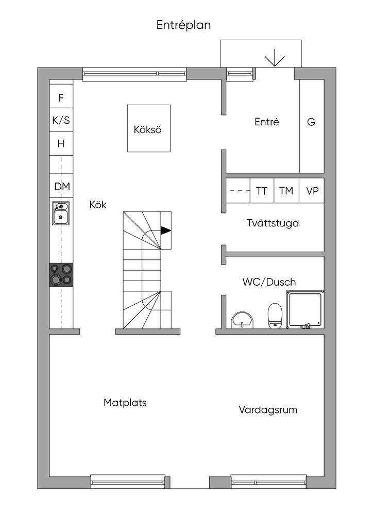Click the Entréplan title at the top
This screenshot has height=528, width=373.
183,25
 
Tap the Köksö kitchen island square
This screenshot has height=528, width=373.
149,128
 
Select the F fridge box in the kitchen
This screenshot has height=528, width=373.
61,96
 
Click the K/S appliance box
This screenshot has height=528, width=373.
61,120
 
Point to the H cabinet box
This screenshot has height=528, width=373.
61,144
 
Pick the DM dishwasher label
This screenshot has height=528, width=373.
62,186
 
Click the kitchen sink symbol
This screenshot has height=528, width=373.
61,213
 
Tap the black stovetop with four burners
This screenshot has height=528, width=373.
61,275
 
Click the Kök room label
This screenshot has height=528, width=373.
98,204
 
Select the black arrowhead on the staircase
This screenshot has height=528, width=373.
166,230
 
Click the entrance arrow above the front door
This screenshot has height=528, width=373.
275,58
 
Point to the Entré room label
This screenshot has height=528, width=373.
267,122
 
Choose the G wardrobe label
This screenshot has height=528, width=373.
311,122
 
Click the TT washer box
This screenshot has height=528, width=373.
262,191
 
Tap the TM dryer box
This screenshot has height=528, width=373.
286,191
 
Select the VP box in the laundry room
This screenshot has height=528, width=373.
312,191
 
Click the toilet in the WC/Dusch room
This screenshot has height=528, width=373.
275,315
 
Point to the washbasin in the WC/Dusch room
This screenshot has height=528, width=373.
242,319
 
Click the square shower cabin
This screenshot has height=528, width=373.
305,309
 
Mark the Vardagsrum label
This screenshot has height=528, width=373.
268,410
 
